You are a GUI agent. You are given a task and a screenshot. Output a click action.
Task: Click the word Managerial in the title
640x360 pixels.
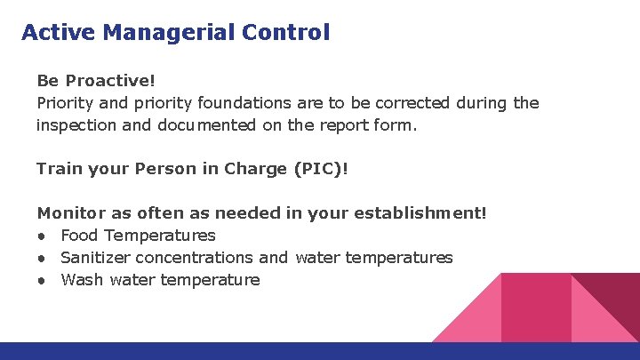pos(168,33)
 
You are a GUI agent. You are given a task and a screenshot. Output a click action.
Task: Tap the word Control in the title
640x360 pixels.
pos(286,33)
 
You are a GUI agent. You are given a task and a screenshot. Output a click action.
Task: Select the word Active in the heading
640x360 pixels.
pos(59,33)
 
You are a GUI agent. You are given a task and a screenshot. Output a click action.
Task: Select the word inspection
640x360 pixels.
pos(76,124)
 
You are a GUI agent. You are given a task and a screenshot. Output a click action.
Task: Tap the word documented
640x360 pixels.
pos(207,124)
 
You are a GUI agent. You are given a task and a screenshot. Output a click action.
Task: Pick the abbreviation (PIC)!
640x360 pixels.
pos(321,168)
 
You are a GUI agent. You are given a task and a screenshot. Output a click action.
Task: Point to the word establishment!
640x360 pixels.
pos(420,213)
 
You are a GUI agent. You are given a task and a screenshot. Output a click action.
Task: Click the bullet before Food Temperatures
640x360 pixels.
pos(42,236)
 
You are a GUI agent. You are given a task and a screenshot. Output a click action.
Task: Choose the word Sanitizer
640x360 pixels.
pos(94,258)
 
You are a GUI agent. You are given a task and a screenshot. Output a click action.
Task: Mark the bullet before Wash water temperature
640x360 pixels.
pos(42,281)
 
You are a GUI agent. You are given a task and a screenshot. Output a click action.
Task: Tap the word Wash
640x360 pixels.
pos(82,280)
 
